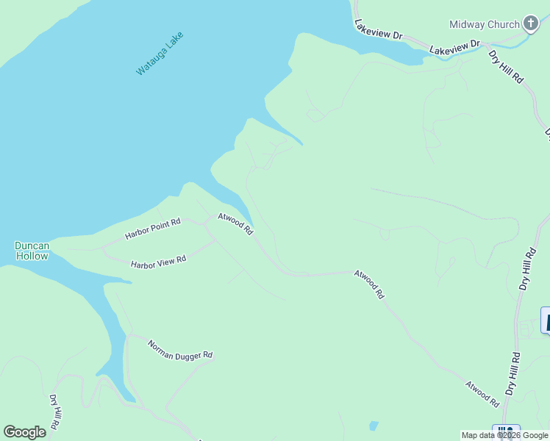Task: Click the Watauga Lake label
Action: (x=160, y=53)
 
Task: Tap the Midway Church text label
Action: (x=485, y=24)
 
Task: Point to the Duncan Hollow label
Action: (x=32, y=251)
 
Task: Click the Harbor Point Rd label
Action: (x=152, y=229)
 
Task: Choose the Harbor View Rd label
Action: (x=158, y=262)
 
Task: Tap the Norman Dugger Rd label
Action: (x=180, y=349)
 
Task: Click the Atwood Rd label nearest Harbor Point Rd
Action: (x=235, y=224)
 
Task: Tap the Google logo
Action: (x=24, y=432)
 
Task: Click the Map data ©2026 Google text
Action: (x=504, y=435)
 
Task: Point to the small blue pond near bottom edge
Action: (x=374, y=426)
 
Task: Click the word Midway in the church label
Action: (x=467, y=24)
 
